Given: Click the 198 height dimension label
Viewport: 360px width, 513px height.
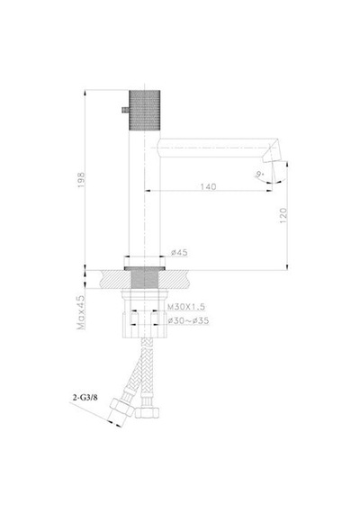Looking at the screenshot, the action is [x=81, y=180].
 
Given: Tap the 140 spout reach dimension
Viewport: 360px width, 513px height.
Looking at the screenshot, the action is [x=209, y=186].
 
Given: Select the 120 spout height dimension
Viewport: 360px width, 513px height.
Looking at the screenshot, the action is [x=283, y=215].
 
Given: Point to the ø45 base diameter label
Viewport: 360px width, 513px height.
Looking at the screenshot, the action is [x=179, y=252].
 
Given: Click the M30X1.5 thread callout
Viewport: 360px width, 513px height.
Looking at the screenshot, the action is [x=186, y=307].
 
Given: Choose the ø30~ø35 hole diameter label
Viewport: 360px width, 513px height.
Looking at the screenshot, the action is [x=188, y=320].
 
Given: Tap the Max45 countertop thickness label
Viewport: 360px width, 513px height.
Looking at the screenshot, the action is [x=80, y=312].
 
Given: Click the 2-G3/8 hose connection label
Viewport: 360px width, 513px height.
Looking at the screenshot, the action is [x=85, y=398].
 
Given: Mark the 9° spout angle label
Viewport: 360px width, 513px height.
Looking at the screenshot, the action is [x=260, y=174].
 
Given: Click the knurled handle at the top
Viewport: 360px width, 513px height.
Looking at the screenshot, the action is [x=144, y=110].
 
